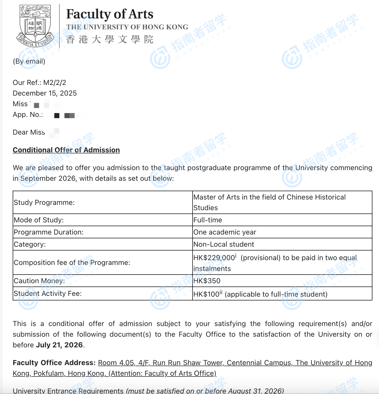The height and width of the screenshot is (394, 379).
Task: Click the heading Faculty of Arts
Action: [110, 14]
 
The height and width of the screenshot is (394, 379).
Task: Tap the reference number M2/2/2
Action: [55, 83]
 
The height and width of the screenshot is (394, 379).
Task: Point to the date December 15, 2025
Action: [45, 93]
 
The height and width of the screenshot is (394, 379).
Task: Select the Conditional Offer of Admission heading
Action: [66, 150]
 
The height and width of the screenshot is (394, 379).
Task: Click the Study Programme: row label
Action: [44, 203]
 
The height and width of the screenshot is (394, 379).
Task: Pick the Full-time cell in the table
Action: [208, 220]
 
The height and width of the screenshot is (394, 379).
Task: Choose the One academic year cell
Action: [225, 232]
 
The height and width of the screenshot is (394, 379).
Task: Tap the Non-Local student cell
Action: [223, 244]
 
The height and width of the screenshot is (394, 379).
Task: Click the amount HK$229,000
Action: [214, 258]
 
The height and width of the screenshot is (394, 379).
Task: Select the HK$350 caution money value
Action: [207, 281]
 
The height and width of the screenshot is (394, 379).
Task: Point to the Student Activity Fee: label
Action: [48, 294]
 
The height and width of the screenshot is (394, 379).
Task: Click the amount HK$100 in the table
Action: [206, 294]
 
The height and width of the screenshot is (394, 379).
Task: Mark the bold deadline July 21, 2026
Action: [59, 345]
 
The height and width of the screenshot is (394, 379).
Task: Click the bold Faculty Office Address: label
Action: [54, 363]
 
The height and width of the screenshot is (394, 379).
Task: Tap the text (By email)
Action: [29, 61]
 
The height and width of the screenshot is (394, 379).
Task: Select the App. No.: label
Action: [28, 115]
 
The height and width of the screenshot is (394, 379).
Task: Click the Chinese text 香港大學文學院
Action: [110, 40]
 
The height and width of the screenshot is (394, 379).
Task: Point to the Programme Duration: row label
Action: [48, 232]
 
